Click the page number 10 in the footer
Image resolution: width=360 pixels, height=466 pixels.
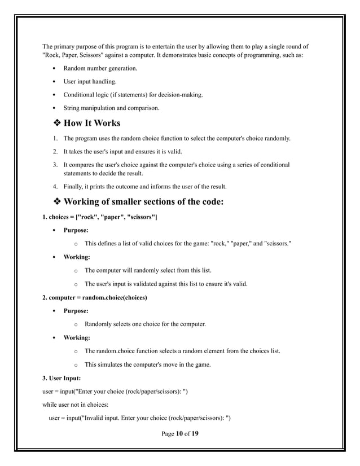(x=179, y=433)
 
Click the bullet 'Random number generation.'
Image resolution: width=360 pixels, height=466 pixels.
(x=100, y=68)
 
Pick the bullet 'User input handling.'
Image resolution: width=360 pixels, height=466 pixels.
(x=90, y=82)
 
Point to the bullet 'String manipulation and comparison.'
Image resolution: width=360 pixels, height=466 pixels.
(x=111, y=108)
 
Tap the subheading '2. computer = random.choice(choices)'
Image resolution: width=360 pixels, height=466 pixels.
(x=95, y=297)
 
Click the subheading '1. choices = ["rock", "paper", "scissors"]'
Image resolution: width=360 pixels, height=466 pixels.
(x=100, y=217)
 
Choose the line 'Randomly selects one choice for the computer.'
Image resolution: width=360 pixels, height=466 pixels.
(x=145, y=324)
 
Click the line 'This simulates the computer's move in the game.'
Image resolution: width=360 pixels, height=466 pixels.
(x=147, y=364)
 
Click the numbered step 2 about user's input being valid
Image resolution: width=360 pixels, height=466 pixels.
(x=133, y=151)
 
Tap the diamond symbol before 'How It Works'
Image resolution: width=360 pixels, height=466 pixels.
(x=56, y=123)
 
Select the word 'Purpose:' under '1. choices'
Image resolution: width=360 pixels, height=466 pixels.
(x=76, y=230)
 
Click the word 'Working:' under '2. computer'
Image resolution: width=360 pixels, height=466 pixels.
(x=76, y=337)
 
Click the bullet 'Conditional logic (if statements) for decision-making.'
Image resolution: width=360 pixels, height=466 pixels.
(x=133, y=95)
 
